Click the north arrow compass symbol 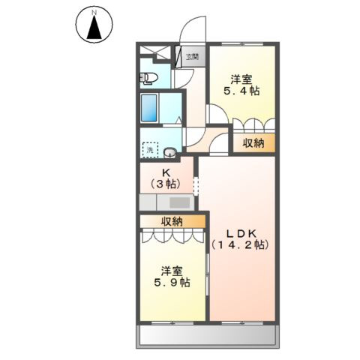click(x=94, y=25)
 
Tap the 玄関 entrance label click(x=192, y=57)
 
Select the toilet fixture click(x=148, y=78)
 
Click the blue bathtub click(x=148, y=108)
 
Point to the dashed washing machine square click(x=150, y=150)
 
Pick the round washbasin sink click(x=170, y=152)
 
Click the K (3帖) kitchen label click(x=166, y=178)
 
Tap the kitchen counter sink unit click(x=166, y=202)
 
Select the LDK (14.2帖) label click(x=241, y=239)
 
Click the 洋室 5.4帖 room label click(x=241, y=85)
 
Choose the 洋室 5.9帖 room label click(x=172, y=277)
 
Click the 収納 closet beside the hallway click(x=253, y=143)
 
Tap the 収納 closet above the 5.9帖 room click(x=172, y=221)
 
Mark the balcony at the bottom click(x=208, y=336)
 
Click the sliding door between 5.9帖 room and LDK click(x=207, y=274)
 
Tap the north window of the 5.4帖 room click(x=242, y=44)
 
